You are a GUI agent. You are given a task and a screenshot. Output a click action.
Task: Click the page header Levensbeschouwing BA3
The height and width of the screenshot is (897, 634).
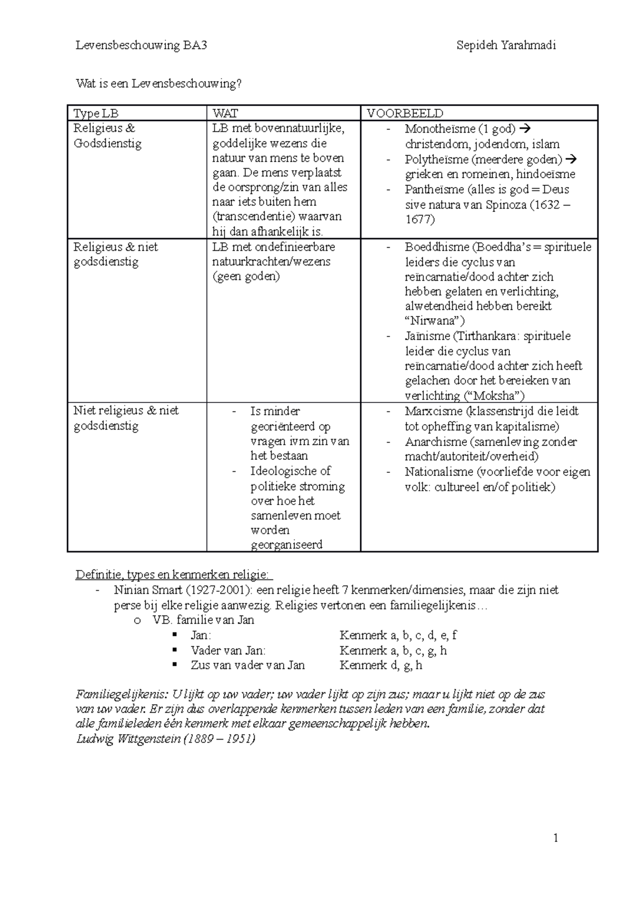[x=141, y=45]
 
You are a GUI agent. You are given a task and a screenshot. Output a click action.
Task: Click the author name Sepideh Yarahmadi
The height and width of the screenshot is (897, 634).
[x=506, y=45]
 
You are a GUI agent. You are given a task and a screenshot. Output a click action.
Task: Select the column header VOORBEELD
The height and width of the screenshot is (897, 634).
[x=405, y=113]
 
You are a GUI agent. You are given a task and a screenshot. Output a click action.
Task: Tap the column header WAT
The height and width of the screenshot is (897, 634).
[x=225, y=113]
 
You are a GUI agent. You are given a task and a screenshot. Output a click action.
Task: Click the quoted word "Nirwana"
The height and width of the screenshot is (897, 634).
[x=434, y=321]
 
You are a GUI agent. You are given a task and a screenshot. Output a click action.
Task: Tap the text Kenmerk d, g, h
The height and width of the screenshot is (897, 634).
[x=380, y=665]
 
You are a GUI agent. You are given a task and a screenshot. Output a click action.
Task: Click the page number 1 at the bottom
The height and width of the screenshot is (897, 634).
[x=555, y=838]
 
